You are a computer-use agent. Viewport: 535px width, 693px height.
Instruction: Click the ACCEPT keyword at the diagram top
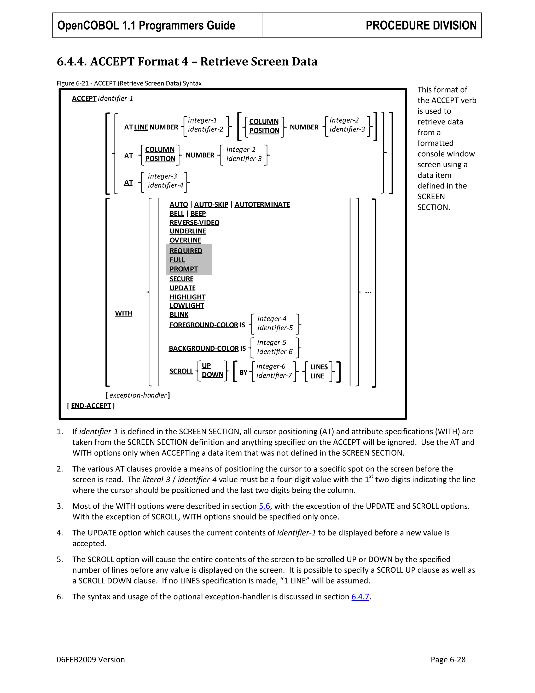[84, 98]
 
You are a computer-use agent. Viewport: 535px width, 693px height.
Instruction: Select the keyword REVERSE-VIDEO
[194, 223]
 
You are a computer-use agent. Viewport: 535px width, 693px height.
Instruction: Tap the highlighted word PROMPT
[183, 269]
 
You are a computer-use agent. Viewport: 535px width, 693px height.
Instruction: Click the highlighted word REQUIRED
[186, 251]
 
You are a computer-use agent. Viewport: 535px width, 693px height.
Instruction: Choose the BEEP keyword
[198, 214]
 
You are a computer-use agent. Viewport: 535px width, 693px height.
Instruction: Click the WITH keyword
[124, 313]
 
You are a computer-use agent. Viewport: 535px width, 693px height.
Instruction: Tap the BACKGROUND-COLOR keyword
[203, 348]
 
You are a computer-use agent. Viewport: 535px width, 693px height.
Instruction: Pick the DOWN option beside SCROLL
[212, 375]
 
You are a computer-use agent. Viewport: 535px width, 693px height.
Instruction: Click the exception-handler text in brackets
[138, 395]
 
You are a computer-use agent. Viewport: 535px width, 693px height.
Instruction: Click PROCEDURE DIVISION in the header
[421, 25]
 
